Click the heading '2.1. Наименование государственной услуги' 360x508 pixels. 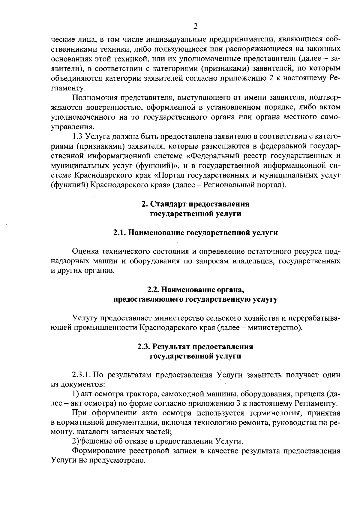pyautogui.click(x=195, y=233)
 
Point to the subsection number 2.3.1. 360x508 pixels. pyautogui.click(x=81, y=375)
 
